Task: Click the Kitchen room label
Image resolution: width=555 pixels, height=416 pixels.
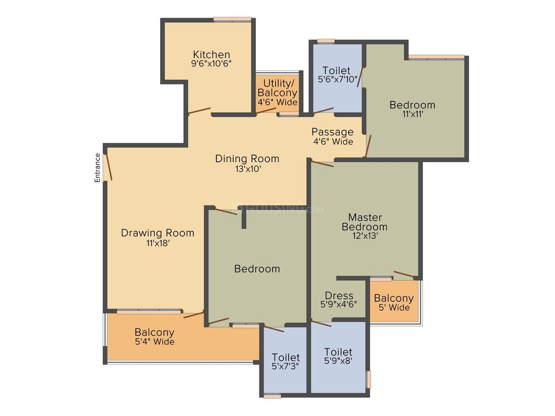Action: pos(211,55)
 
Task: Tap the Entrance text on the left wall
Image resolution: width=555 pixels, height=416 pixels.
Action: pos(97,168)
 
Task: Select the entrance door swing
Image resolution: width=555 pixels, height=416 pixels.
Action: pos(108,167)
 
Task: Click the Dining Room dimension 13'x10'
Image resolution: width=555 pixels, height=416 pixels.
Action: pos(248,169)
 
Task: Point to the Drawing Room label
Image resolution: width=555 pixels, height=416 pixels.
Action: pos(157,233)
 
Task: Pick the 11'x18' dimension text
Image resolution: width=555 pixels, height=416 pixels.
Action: pos(158,243)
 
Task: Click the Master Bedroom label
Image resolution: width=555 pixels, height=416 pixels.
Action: pos(365,222)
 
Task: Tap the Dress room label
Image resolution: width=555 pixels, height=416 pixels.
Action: pos(339,296)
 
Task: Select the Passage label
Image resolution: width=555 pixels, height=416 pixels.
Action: pos(333,132)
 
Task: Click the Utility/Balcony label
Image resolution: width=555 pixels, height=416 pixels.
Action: pos(277,88)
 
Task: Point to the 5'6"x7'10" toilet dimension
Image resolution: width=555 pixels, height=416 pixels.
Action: pos(338,79)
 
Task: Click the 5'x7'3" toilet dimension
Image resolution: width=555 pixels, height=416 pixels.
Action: pos(286,366)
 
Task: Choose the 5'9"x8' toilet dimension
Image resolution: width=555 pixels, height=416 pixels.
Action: pos(338,361)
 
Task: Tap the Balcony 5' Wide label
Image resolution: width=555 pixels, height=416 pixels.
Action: pos(394,303)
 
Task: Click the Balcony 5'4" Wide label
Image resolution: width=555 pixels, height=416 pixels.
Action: pos(155,337)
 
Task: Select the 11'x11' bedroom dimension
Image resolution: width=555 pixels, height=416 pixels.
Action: pos(413,114)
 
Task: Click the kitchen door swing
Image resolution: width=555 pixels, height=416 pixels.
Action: pos(200,111)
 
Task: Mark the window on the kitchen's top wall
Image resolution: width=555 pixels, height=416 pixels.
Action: pos(233,20)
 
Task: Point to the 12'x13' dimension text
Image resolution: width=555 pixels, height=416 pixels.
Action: pos(365,236)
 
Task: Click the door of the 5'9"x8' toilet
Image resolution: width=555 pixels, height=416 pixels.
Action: pos(322,323)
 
